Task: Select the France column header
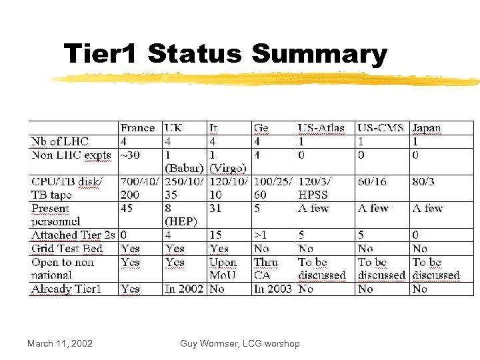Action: [x=137, y=128]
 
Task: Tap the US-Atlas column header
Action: [x=321, y=128]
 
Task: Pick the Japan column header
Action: [x=426, y=128]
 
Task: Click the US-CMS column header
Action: [x=381, y=128]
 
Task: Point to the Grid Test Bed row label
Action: [x=67, y=249]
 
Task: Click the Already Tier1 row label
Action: [x=65, y=289]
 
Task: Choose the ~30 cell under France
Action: [x=131, y=155]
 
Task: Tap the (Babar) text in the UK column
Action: [x=183, y=168]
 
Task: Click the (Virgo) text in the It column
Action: [x=228, y=168]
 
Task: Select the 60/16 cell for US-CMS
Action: [x=373, y=181]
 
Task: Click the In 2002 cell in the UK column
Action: [x=183, y=289]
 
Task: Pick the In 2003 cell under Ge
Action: [x=273, y=289]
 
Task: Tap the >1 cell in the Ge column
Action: [x=261, y=235]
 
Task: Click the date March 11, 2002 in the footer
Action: [x=60, y=343]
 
